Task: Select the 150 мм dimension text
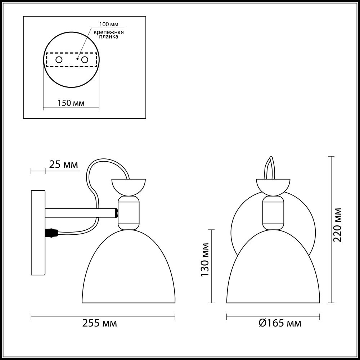(71, 103)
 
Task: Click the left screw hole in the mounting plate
(59, 59)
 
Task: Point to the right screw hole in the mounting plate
(85, 59)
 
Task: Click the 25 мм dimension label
(63, 165)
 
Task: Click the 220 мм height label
(338, 225)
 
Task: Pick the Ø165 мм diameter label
(280, 323)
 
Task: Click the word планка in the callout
(109, 37)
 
